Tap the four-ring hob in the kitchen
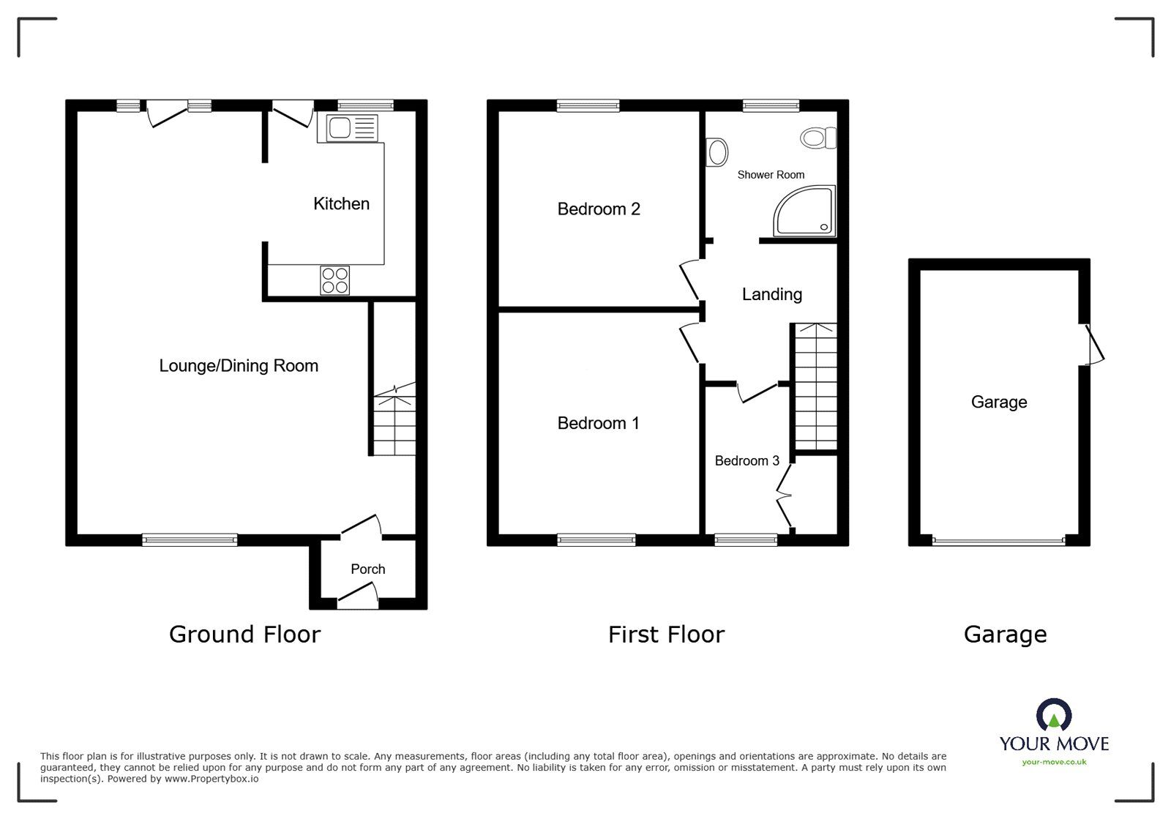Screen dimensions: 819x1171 (x=335, y=280)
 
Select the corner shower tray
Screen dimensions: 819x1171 (x=804, y=212)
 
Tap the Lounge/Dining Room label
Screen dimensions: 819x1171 (x=239, y=366)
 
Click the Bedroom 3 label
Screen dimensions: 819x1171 (x=747, y=460)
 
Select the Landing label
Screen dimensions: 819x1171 (x=771, y=294)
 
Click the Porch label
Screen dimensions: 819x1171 (x=367, y=569)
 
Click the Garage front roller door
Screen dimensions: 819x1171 (x=999, y=542)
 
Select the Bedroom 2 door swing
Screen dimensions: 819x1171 (x=689, y=279)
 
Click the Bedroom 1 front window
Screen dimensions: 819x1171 (x=596, y=540)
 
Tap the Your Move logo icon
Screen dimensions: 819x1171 (x=1053, y=715)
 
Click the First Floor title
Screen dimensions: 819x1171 (x=666, y=635)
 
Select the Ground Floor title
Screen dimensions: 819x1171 (x=244, y=635)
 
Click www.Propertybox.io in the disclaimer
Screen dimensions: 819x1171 (x=210, y=779)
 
